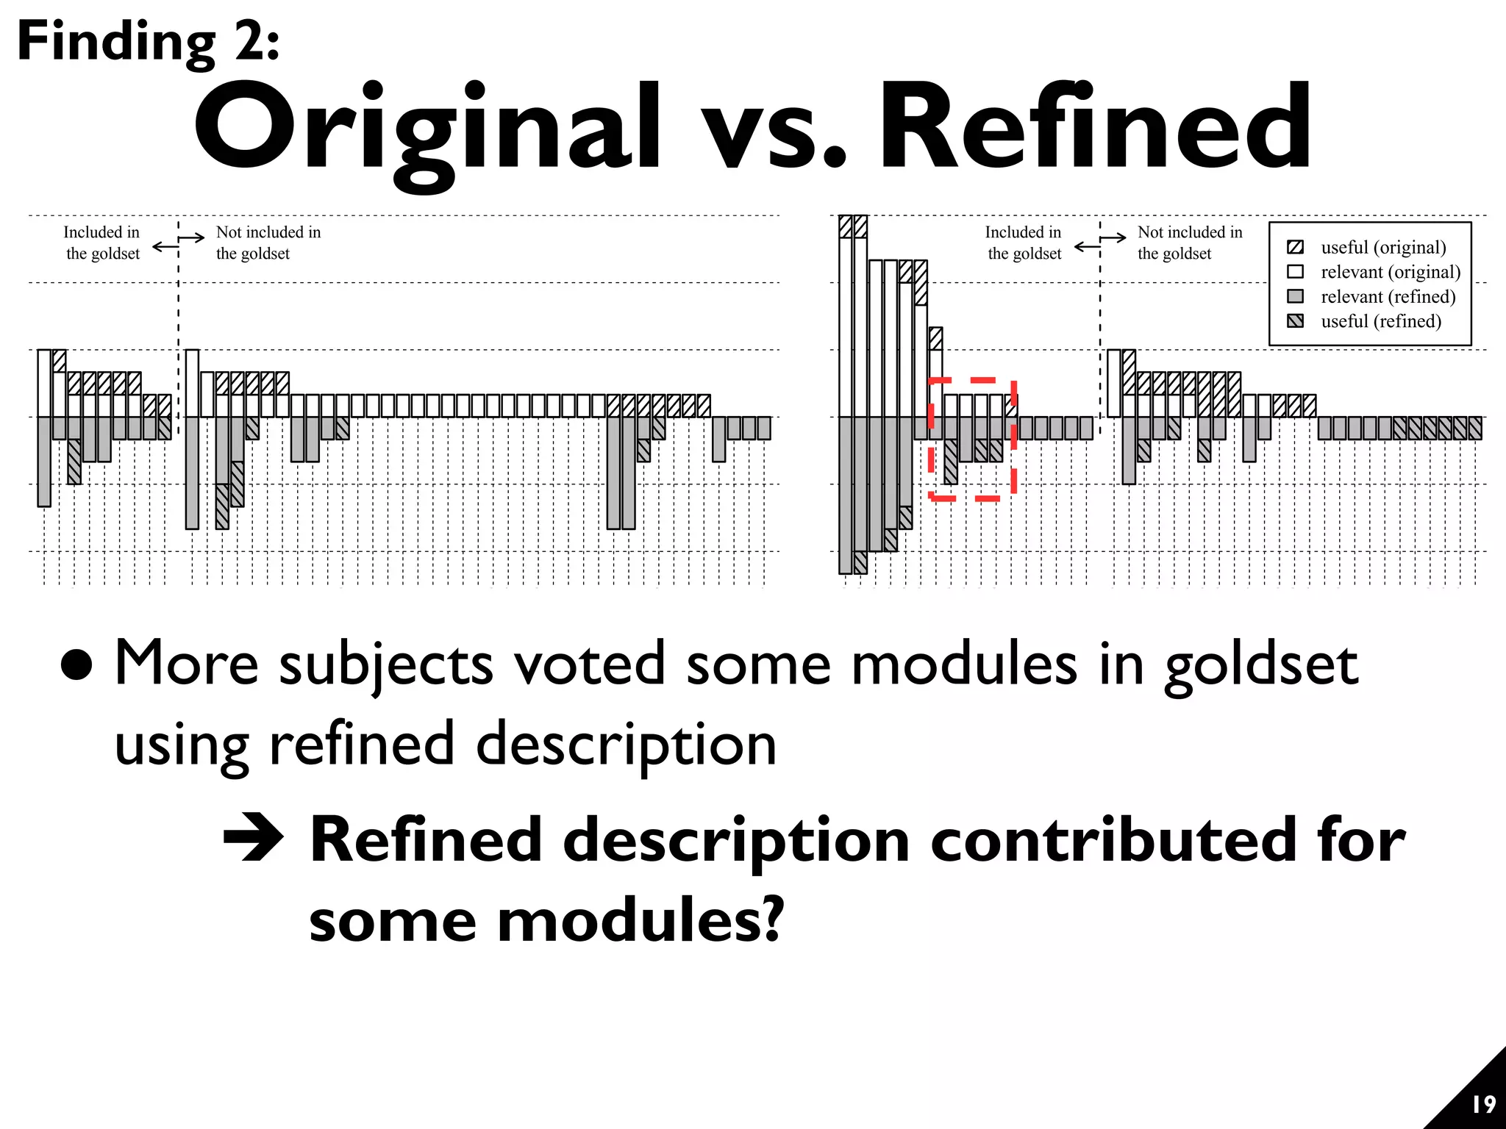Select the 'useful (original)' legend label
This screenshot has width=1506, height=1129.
point(1382,247)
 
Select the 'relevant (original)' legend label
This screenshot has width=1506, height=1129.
point(1390,272)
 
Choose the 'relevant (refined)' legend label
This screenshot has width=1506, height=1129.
point(1388,297)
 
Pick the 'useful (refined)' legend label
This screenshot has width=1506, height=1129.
point(1380,321)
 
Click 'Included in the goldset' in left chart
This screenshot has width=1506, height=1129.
point(101,243)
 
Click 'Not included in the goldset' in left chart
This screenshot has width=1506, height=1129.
point(268,243)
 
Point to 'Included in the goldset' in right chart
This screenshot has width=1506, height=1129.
point(1024,243)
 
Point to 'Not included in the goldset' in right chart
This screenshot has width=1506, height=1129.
point(1189,243)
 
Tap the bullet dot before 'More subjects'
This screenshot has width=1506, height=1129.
point(76,664)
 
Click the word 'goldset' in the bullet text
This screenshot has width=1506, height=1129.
point(1260,664)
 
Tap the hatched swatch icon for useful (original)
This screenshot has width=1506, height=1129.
point(1296,247)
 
